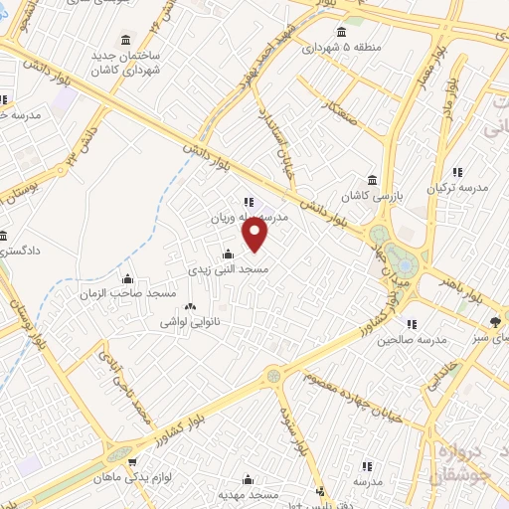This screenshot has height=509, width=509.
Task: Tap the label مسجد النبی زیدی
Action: point(229,268)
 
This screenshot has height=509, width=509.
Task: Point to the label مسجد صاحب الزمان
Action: point(129,293)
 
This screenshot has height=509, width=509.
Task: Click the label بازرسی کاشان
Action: point(371,195)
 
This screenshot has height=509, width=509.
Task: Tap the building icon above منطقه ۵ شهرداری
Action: point(342,30)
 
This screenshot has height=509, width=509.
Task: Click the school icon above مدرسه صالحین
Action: point(409,322)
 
